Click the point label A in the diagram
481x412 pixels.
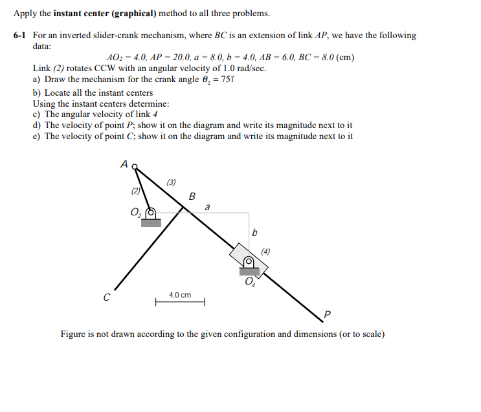pos(124,164)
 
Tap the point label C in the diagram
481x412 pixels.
pos(107,298)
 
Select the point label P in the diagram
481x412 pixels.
pos(327,315)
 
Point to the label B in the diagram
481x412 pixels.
pos(192,196)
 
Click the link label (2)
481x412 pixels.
pos(135,191)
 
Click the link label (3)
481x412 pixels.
pos(171,182)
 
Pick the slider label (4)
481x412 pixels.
pos(266,251)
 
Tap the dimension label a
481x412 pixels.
pos(207,208)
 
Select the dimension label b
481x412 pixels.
pos(254,232)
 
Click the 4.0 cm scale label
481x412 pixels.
pos(180,295)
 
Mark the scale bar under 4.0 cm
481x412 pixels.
pos(180,301)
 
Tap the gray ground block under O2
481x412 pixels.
pos(151,222)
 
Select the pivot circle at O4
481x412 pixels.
pos(249,262)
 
